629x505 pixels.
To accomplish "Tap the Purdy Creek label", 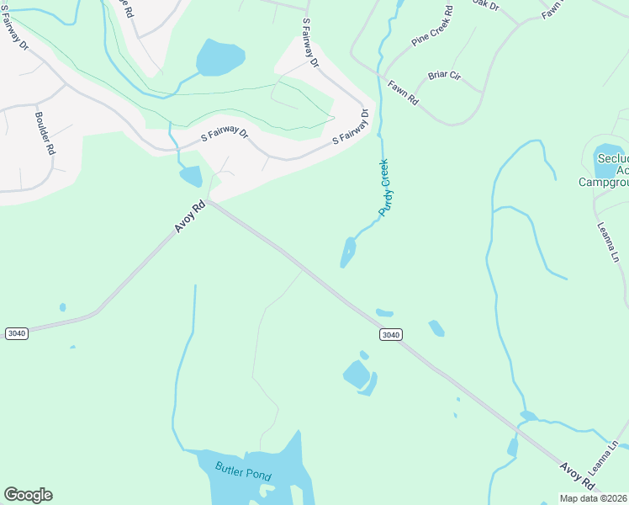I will click(x=386, y=188).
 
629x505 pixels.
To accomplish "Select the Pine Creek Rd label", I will click(x=433, y=27).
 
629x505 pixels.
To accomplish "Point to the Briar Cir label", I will click(x=445, y=76).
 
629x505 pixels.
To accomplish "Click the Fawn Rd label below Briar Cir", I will click(x=403, y=92).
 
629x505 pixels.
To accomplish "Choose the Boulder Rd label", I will click(x=45, y=134).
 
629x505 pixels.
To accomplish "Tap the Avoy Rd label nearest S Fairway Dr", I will click(x=190, y=217).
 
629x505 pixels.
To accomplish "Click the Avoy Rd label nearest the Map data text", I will click(x=578, y=476).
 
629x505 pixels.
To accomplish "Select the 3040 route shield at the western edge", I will click(x=16, y=333).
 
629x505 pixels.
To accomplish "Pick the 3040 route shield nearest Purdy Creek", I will click(x=390, y=334).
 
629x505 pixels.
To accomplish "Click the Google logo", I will click(x=28, y=495).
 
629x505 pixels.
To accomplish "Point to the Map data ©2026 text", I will click(x=594, y=498).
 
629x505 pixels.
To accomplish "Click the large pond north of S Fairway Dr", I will click(x=220, y=57).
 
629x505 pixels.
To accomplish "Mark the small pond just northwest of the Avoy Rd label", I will click(x=190, y=176).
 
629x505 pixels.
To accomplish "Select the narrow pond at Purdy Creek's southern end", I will click(x=348, y=251).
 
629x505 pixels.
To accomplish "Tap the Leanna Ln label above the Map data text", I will click(x=610, y=454).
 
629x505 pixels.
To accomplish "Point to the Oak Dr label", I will click(x=485, y=4).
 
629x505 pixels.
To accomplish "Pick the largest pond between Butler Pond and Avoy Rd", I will click(x=357, y=374).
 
